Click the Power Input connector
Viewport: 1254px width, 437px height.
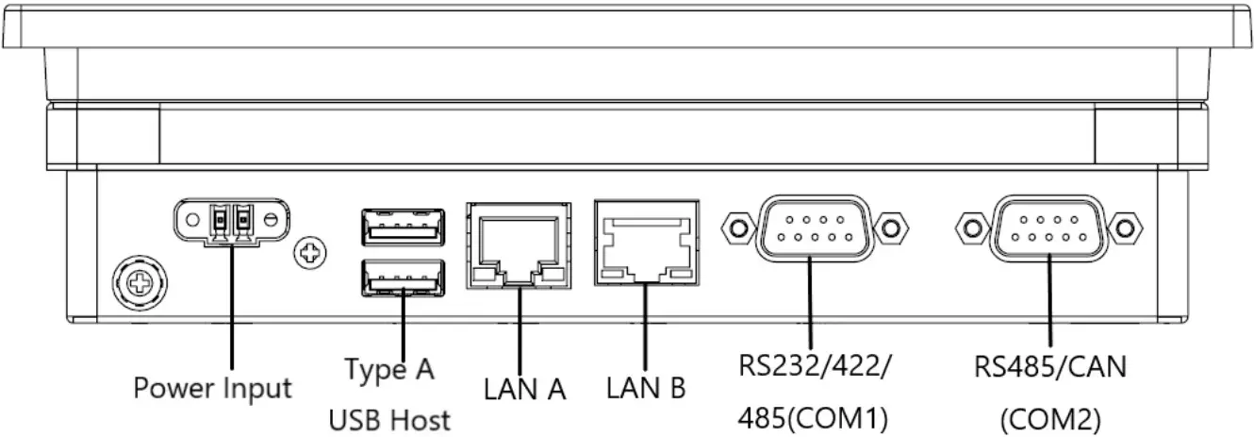click(x=231, y=221)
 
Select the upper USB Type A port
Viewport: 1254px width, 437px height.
click(x=403, y=227)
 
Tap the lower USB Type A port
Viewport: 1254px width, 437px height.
click(x=403, y=280)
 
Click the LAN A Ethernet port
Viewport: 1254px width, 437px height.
click(x=519, y=244)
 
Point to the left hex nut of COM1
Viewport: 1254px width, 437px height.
click(x=735, y=227)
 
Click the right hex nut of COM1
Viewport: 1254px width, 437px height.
click(x=886, y=227)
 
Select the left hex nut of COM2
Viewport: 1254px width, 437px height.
click(x=972, y=227)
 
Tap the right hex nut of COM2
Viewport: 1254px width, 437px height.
click(x=1124, y=227)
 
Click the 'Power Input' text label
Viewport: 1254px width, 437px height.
click(x=212, y=388)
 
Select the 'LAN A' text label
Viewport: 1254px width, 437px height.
click(x=525, y=389)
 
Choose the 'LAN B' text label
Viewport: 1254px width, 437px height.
click(x=646, y=387)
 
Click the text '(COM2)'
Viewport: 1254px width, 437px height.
click(x=1049, y=419)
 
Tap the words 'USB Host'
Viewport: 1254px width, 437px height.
click(x=389, y=419)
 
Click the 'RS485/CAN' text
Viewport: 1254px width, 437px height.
click(x=1049, y=367)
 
